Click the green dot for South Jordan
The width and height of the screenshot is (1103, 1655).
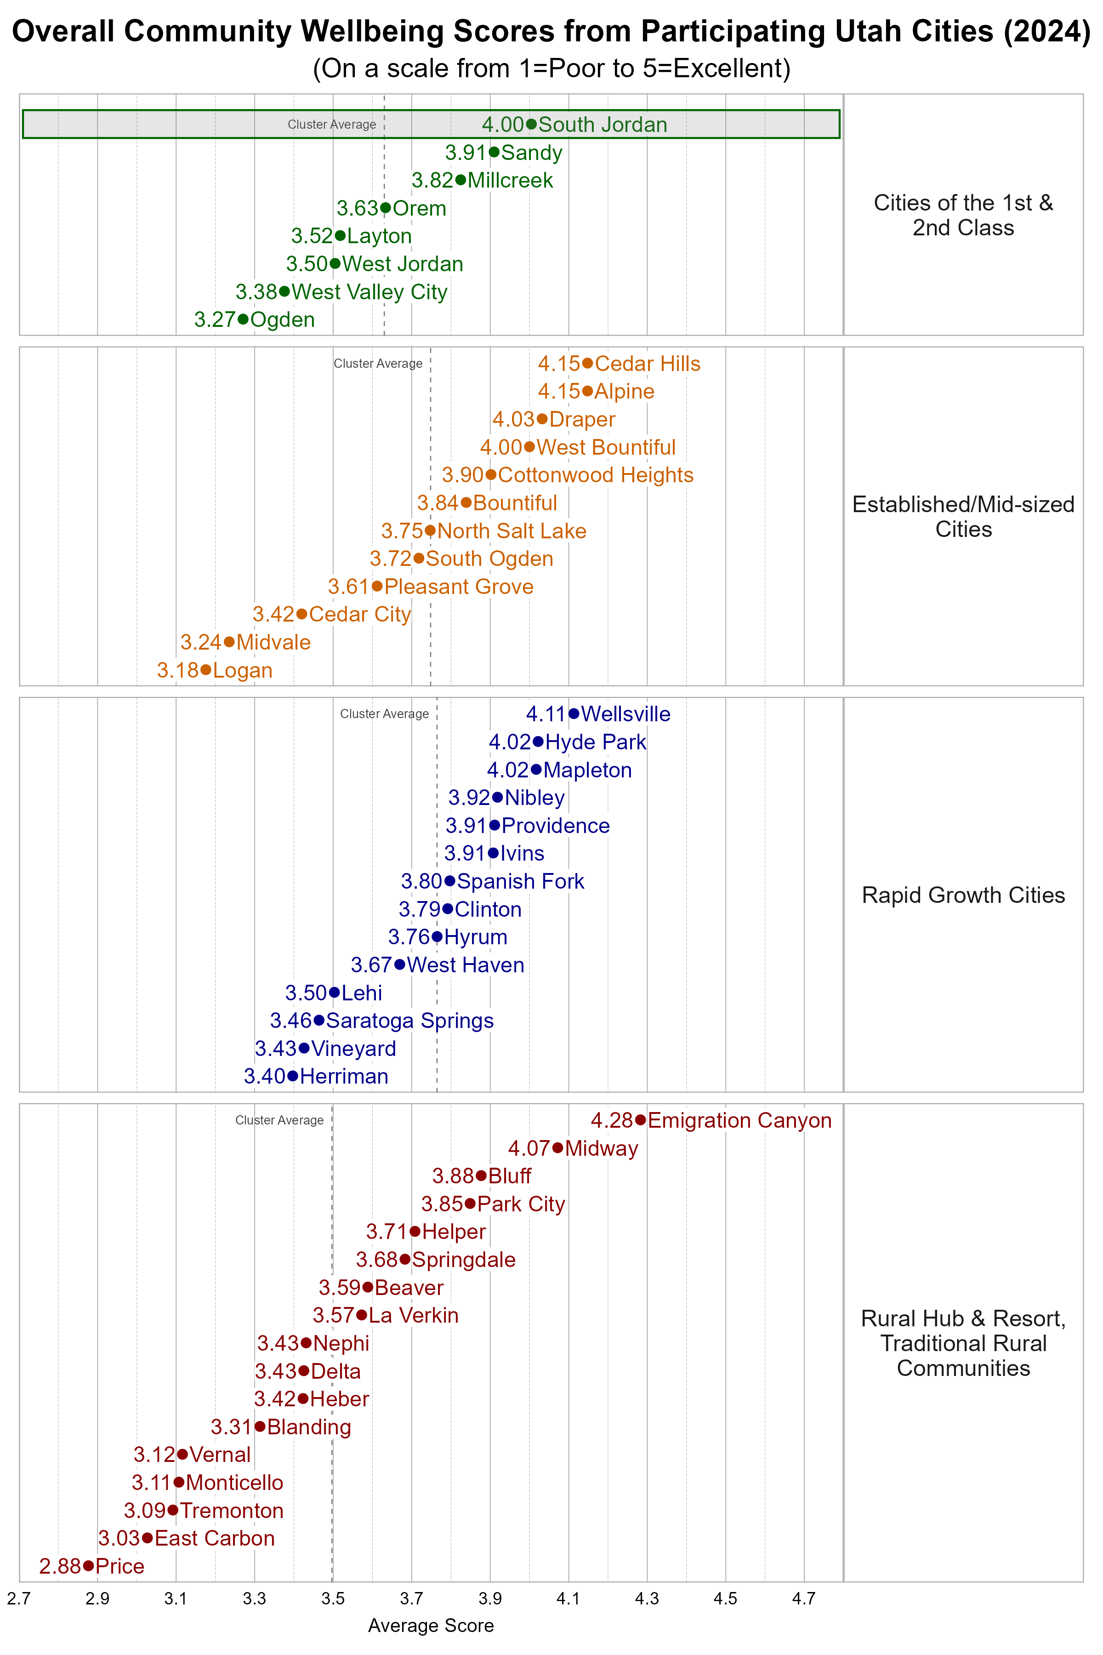[531, 124]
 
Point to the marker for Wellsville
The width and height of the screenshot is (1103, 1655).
[574, 713]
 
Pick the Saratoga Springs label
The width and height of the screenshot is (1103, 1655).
[410, 1020]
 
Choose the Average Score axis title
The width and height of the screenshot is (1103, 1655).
[431, 1626]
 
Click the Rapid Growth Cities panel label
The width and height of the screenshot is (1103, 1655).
[963, 895]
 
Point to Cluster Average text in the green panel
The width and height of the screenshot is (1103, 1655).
[331, 125]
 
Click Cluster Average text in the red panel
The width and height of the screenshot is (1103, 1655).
[279, 1120]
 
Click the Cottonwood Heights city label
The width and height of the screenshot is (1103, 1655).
[595, 475]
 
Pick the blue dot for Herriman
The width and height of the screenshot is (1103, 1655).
[293, 1076]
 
